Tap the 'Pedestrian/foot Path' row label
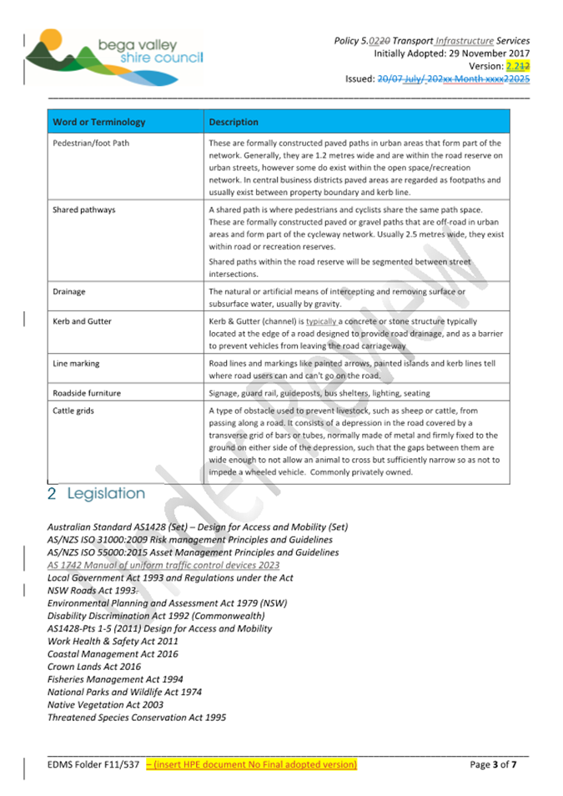point(91,144)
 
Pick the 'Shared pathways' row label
point(84,209)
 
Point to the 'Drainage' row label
point(69,292)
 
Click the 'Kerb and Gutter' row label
point(82,321)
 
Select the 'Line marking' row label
point(76,363)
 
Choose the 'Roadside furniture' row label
point(87,393)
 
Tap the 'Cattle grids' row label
point(73,411)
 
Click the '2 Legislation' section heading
point(96,494)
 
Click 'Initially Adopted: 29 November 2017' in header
point(451,53)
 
